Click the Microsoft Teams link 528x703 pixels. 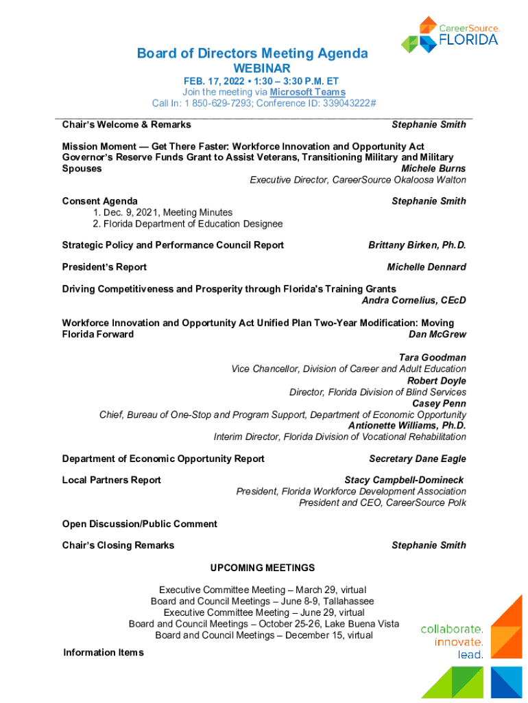307,92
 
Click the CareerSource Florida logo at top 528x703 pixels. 450,34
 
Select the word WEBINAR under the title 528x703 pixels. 262,69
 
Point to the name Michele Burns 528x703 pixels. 433,169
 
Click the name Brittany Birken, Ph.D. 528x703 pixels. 417,245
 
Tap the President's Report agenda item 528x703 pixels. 104,267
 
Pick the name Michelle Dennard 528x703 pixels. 427,267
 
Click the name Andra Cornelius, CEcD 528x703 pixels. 413,300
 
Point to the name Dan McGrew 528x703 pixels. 437,334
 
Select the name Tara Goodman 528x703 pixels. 433,358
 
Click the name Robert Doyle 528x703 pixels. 437,381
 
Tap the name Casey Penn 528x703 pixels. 439,404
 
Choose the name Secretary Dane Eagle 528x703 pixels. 418,459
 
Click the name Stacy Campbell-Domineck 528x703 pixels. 404,480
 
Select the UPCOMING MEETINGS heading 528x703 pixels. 263,568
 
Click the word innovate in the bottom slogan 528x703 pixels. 459,642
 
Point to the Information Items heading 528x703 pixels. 104,652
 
